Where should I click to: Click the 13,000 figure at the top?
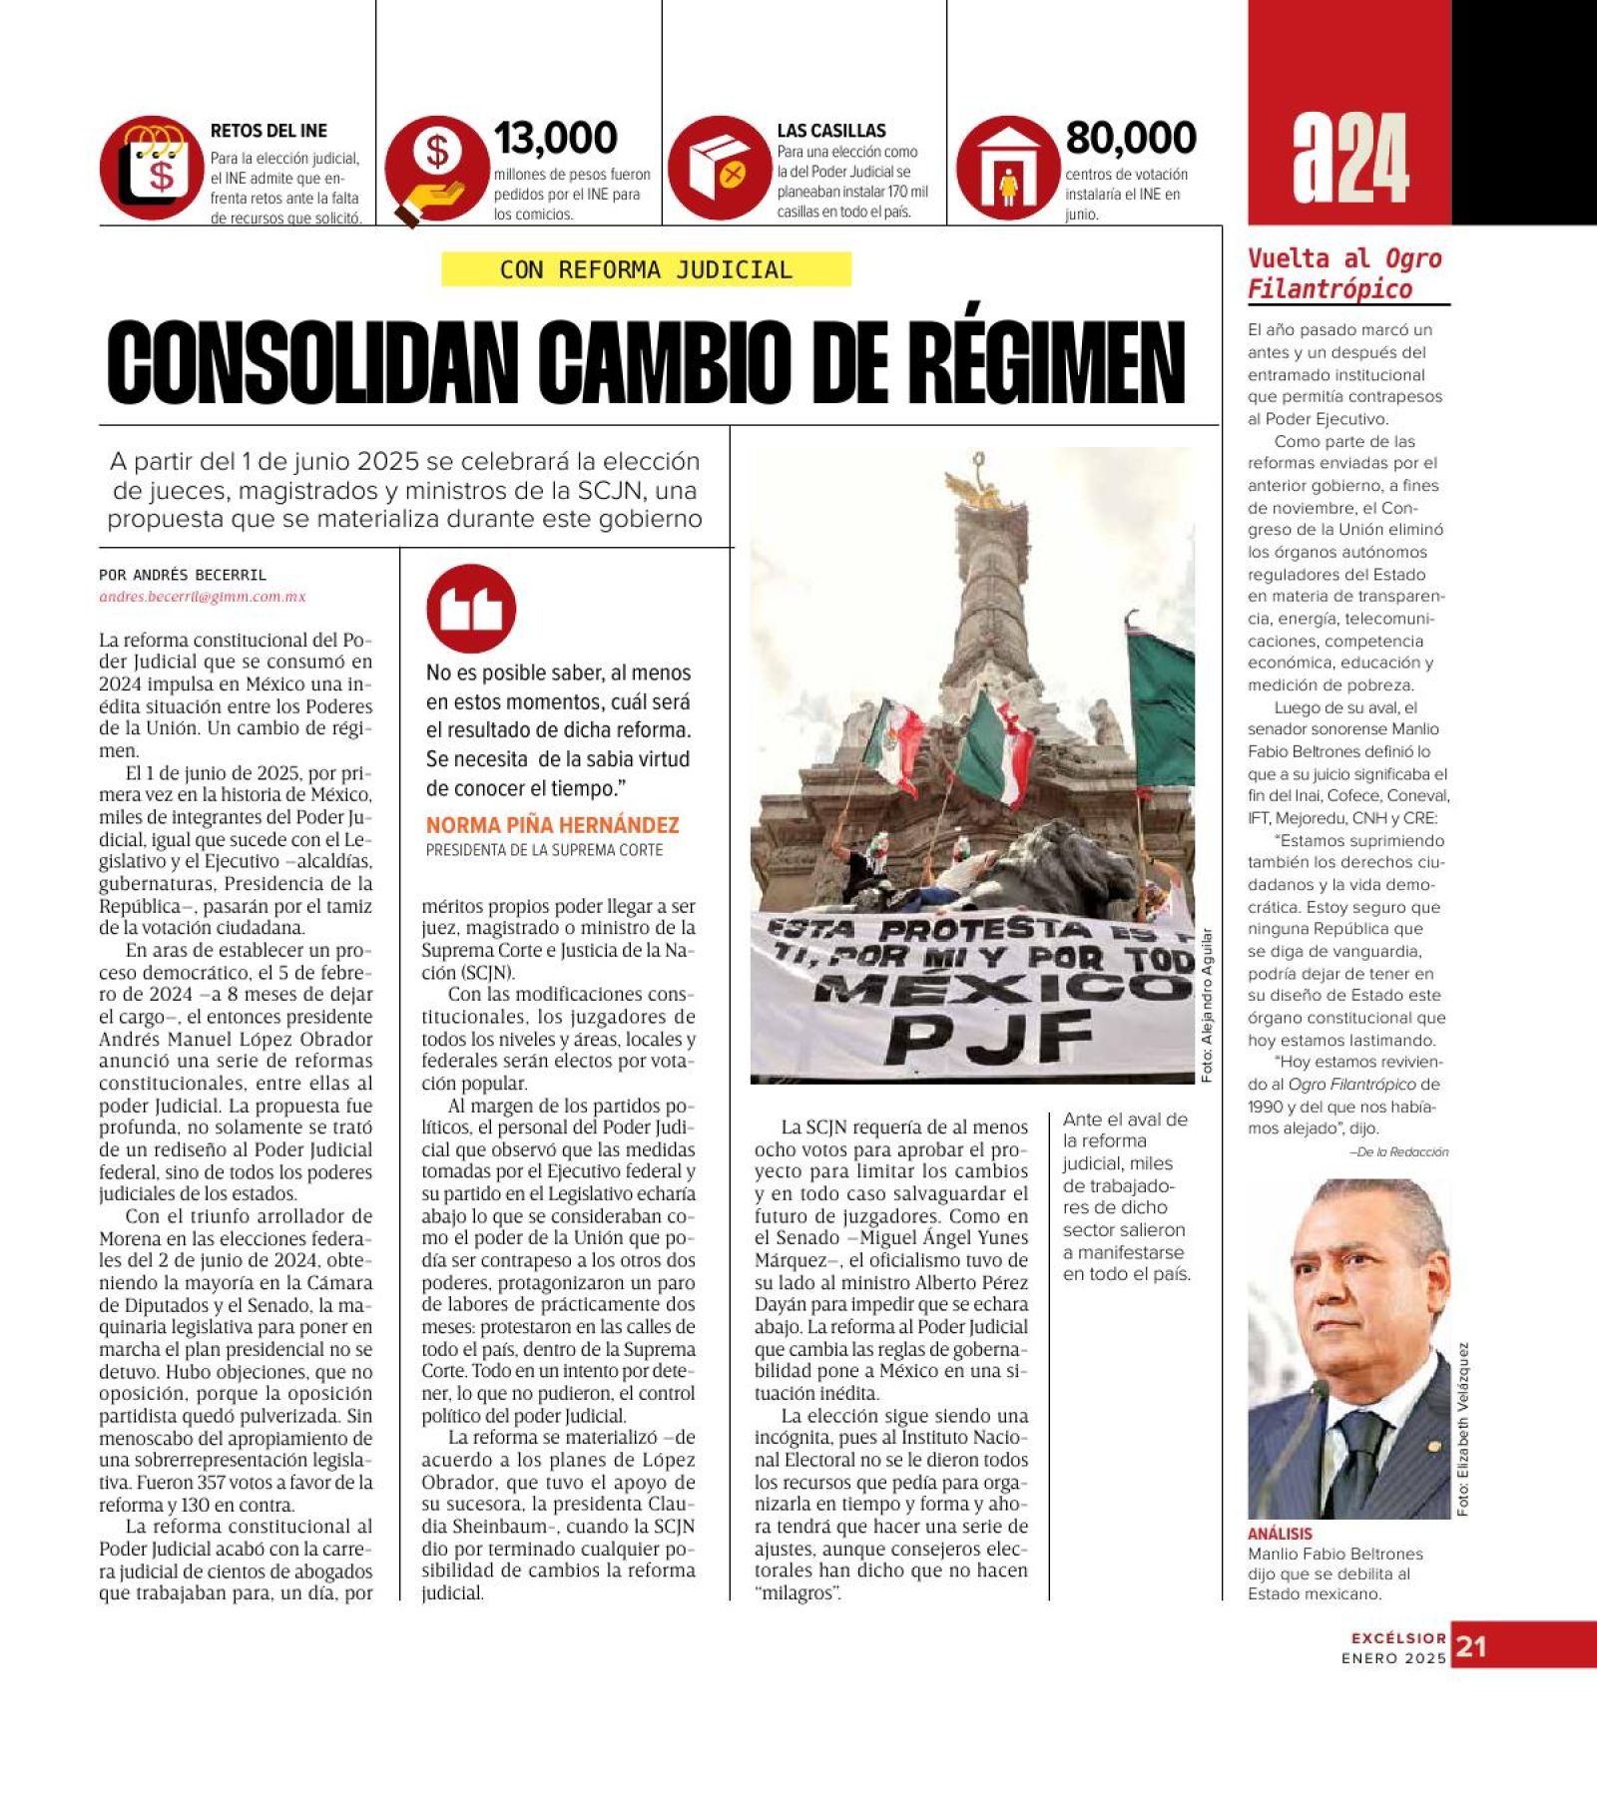[555, 138]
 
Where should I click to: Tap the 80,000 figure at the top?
[1130, 138]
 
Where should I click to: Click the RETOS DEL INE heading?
[268, 131]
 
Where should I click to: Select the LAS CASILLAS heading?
[831, 131]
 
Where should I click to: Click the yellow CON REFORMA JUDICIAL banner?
[646, 269]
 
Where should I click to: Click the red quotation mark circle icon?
[471, 609]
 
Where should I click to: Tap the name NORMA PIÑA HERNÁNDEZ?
[552, 825]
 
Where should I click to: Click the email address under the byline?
[202, 597]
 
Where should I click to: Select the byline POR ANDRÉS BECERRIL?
[183, 575]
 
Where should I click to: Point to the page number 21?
[1470, 1646]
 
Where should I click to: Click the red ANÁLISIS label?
[1280, 1534]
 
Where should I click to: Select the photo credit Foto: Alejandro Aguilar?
[1206, 1006]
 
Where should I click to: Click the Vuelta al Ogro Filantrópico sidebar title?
[1344, 273]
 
